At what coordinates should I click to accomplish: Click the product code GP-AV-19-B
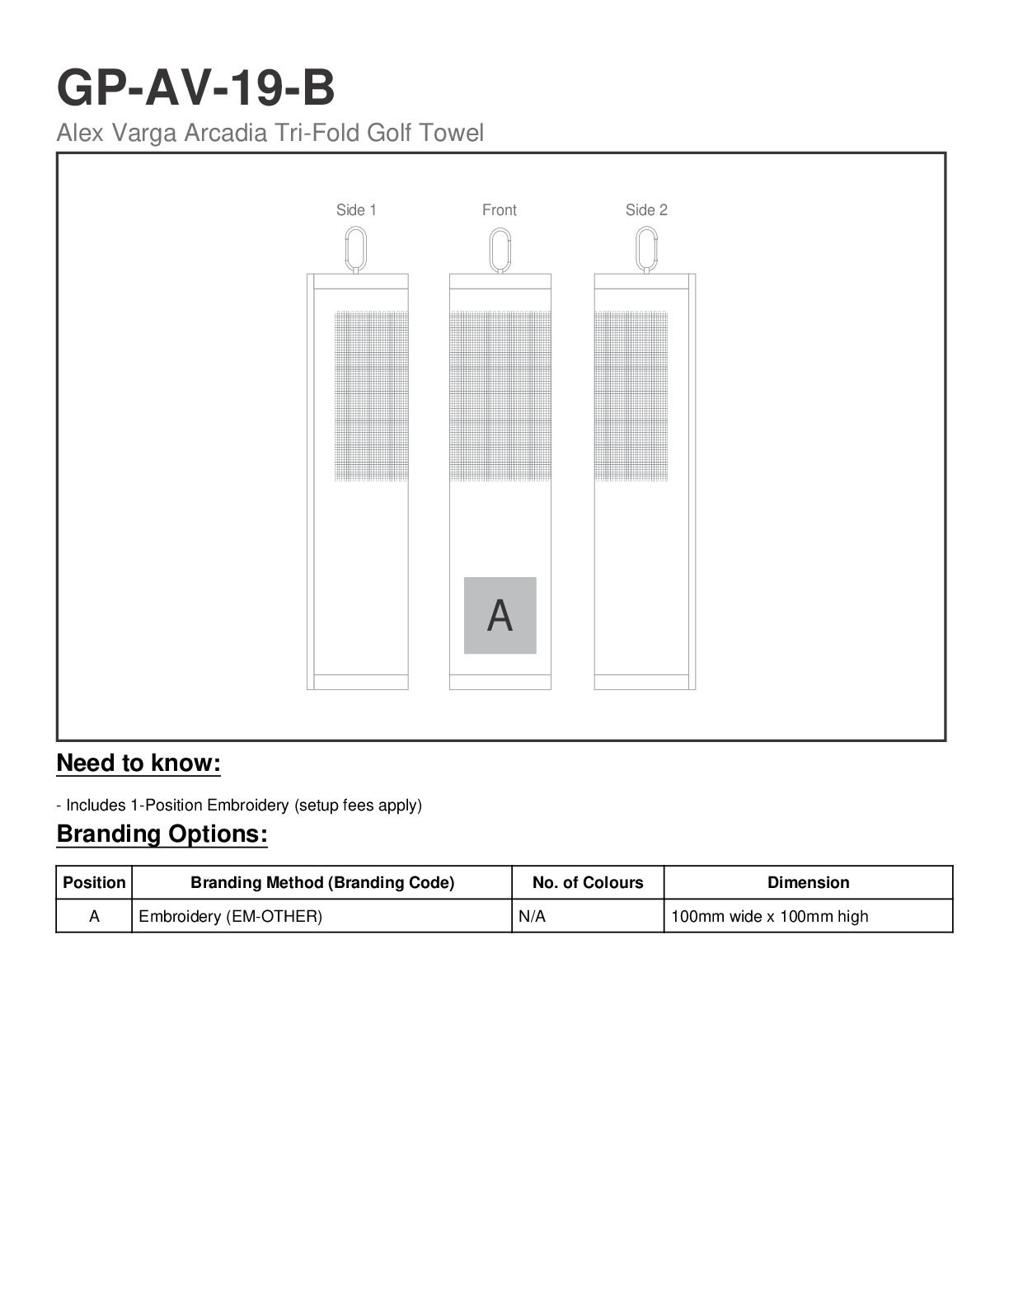tap(195, 88)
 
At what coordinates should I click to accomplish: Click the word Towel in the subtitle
tap(451, 133)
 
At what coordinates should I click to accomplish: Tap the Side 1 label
tap(356, 210)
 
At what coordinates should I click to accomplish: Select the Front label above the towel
tap(500, 210)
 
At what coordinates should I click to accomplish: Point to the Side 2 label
tap(646, 210)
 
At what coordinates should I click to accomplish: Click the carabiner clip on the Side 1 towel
tap(356, 249)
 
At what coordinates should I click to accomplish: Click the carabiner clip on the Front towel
tap(500, 249)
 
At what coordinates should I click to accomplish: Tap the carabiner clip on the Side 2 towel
tap(647, 249)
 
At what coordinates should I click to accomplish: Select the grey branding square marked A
tap(500, 615)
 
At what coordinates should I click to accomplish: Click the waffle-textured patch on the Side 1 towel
tap(371, 396)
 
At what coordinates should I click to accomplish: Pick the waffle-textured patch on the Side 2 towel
tap(631, 396)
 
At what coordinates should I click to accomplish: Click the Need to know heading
tap(138, 763)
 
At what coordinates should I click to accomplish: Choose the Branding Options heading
tap(162, 834)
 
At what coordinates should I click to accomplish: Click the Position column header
tap(94, 882)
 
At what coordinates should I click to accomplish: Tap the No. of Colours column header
tap(588, 882)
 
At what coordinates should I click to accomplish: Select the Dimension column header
tap(808, 882)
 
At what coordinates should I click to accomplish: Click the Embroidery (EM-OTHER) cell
tap(231, 916)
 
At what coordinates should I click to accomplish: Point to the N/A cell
tap(533, 916)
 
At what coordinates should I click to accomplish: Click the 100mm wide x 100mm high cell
tap(770, 916)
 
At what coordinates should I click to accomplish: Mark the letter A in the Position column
tap(94, 916)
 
